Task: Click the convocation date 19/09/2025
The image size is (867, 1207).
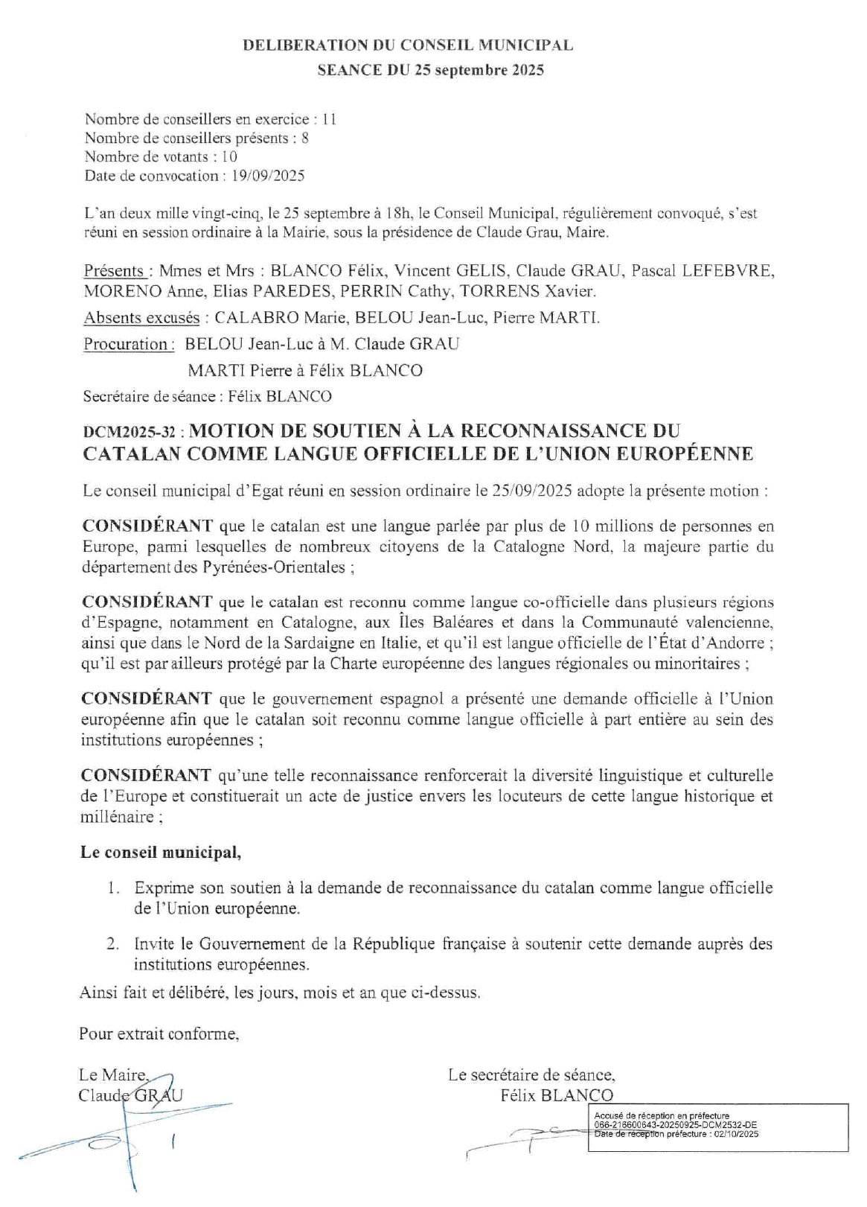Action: tap(267, 176)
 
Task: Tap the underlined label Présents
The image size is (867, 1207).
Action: tap(114, 271)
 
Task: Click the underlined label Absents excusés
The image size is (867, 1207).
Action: tap(141, 318)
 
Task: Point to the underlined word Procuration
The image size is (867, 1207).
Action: tap(126, 344)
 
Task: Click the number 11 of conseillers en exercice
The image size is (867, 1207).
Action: tap(329, 119)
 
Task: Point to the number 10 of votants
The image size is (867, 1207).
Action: tap(229, 156)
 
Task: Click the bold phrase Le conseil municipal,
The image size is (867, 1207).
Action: tap(161, 853)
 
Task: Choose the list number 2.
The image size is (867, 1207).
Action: tap(112, 944)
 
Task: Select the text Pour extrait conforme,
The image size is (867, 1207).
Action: tap(159, 1034)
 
